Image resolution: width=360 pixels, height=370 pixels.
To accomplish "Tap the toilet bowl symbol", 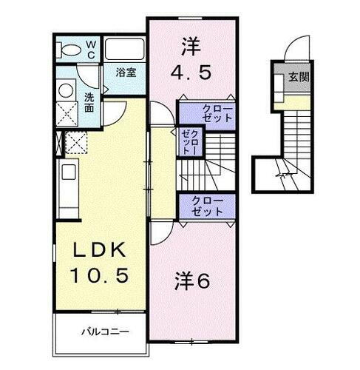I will coord(69,50).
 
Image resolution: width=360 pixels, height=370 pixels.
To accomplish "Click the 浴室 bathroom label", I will coord(126,73).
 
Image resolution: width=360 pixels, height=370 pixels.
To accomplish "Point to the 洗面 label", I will coord(89,101).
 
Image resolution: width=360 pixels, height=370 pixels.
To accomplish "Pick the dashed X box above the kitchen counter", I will coord(76,141).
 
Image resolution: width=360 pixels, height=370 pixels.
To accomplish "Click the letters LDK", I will coord(101,250).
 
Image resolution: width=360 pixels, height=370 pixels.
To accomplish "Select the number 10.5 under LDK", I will coord(101,275).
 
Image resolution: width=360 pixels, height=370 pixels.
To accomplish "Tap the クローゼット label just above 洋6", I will coord(206,205).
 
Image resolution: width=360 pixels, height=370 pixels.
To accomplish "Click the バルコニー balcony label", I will coord(104,330).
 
